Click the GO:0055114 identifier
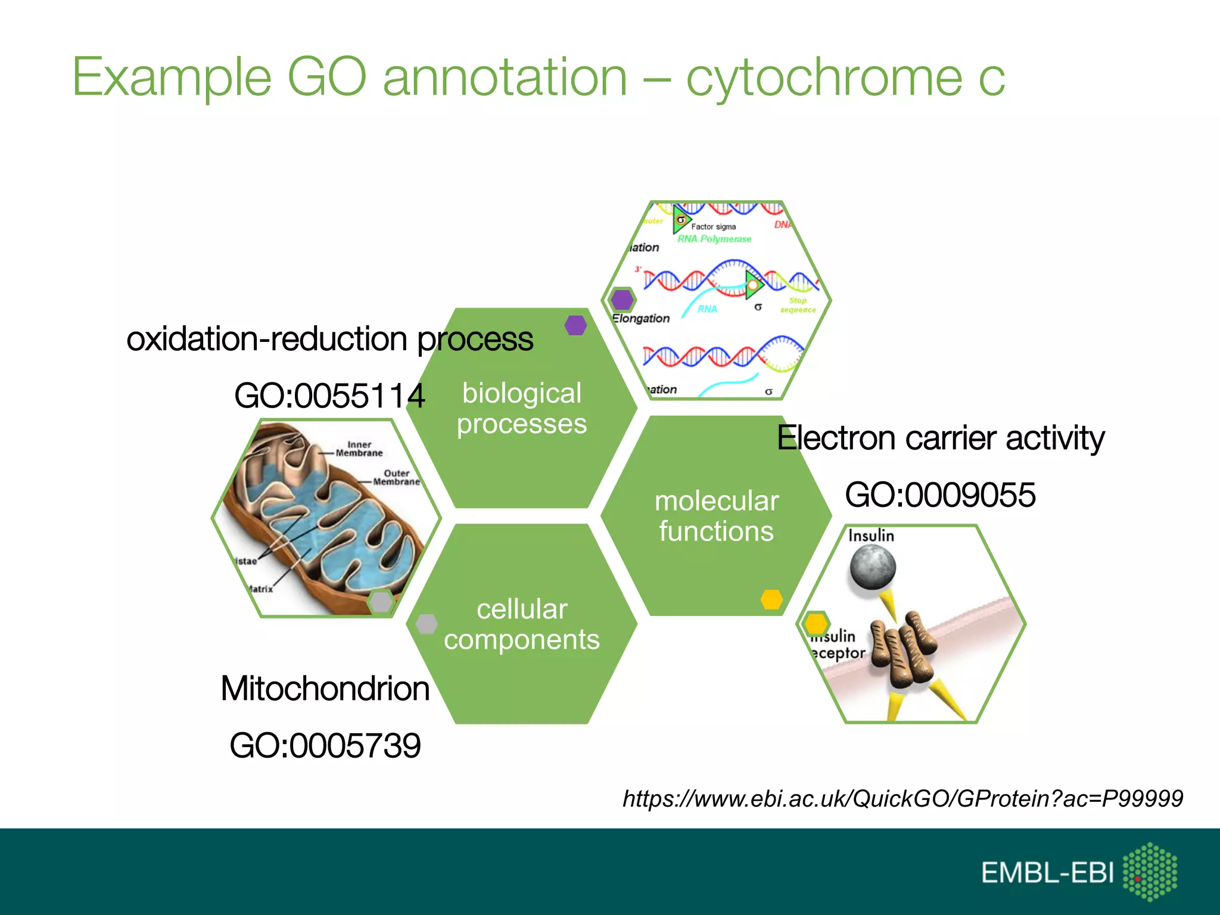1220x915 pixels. coord(329,396)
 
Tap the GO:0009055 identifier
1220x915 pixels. coord(940,494)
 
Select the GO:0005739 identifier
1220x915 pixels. coord(325,745)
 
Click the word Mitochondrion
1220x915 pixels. coord(325,688)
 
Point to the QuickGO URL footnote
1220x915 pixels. coord(902,798)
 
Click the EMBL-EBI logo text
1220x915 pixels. coord(1047,873)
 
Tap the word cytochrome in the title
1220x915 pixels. coord(824,77)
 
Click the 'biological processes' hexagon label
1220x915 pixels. coord(522,409)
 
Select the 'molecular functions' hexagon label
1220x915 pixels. coord(717,516)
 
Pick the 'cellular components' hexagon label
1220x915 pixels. coord(522,624)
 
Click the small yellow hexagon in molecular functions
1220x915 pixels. coord(771,599)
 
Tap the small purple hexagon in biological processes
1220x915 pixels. coord(575,325)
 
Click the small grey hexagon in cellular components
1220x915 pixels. coord(427,624)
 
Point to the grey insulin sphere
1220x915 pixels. coord(872,567)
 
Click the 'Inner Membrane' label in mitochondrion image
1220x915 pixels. coord(359,449)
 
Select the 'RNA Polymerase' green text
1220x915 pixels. coord(714,239)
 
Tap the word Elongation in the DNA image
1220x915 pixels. coord(641,318)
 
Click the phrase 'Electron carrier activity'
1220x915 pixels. coord(940,438)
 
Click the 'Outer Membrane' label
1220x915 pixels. coord(396,477)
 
